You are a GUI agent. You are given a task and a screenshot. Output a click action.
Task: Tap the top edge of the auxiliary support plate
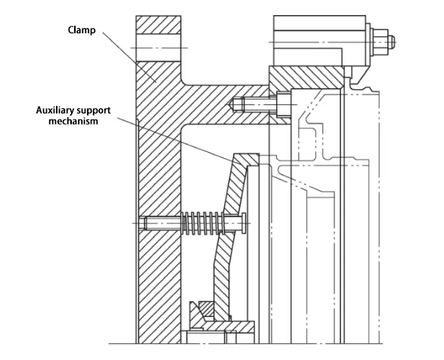click(247, 156)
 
